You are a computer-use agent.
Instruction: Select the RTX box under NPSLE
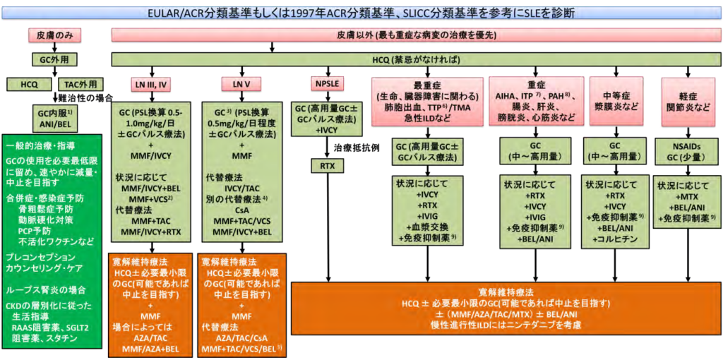point(326,167)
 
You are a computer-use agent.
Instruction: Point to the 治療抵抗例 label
point(352,149)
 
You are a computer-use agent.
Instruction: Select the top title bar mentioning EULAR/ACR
point(361,12)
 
